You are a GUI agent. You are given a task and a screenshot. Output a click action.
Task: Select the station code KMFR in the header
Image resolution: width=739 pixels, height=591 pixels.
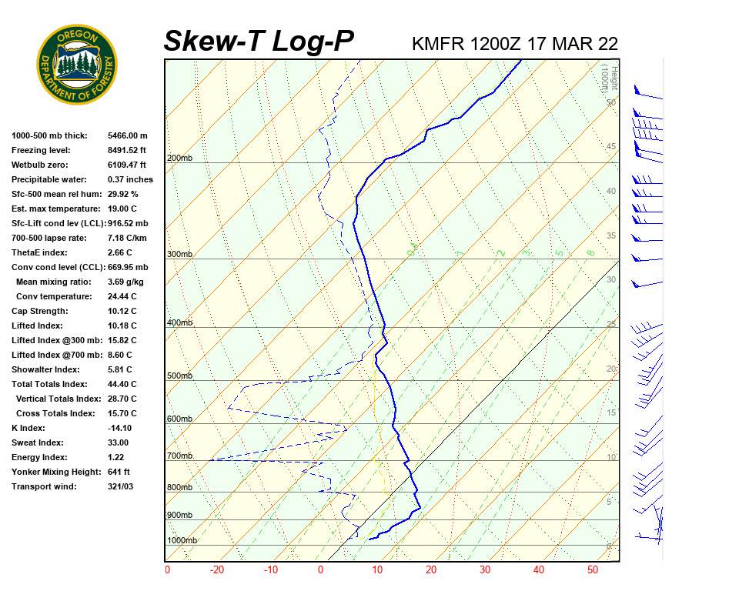[438, 44]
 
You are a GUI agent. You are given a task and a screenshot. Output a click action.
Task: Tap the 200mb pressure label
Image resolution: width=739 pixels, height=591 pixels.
[180, 159]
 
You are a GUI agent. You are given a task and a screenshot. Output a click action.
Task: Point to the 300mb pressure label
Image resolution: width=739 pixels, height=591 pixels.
[180, 254]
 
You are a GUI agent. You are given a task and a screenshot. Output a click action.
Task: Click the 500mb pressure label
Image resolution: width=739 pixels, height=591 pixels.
[180, 376]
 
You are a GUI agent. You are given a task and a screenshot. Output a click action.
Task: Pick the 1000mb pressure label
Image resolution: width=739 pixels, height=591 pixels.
[182, 540]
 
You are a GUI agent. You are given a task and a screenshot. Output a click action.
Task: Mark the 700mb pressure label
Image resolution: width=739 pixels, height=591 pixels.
[180, 456]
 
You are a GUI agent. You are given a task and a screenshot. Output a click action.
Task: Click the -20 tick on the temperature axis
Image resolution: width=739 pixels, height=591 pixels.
[217, 570]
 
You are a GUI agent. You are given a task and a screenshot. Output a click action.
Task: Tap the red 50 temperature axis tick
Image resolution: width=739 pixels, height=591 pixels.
[593, 570]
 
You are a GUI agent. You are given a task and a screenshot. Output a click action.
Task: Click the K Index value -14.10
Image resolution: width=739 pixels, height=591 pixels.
[120, 428]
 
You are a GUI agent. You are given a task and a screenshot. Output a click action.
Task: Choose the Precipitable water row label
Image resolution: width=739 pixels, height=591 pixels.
[51, 179]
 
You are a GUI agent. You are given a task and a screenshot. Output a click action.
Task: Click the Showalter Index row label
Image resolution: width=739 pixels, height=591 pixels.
[44, 369]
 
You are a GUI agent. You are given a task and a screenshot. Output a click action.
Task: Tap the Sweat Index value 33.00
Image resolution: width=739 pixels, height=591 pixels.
[119, 442]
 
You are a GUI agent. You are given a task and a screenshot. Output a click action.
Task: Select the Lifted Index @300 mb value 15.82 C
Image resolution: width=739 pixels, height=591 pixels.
[122, 340]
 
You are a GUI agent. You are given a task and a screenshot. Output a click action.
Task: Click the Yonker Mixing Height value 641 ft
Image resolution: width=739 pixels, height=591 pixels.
[119, 472]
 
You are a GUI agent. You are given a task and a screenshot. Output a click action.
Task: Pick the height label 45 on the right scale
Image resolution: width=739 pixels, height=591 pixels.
[611, 147]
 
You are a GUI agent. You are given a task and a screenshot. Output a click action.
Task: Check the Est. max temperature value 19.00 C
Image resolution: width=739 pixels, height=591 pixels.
[122, 209]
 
